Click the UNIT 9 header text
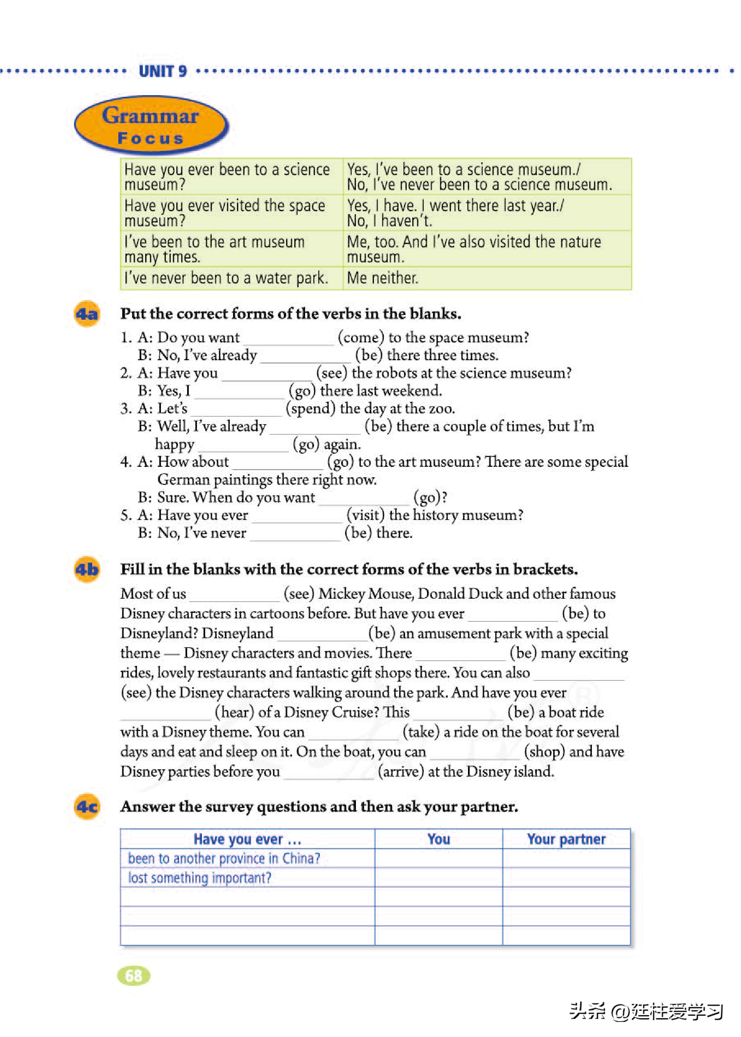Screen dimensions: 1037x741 point(163,71)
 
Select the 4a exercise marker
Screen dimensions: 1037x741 point(87,314)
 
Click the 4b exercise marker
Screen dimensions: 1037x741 point(87,570)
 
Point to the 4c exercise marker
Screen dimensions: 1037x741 point(87,807)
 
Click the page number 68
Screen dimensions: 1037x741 point(133,976)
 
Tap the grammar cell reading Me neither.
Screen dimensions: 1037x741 point(382,278)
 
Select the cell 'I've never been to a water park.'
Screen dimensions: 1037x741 point(226,278)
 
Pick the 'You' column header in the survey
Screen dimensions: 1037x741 point(439,839)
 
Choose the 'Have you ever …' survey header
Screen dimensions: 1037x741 point(247,839)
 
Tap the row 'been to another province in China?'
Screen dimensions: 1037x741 point(224,859)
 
